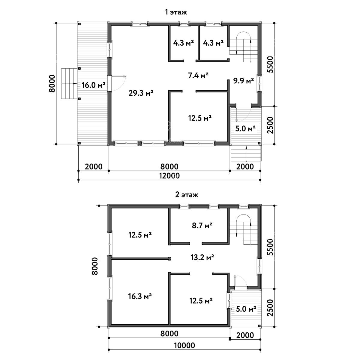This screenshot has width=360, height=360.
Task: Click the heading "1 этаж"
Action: click(x=175, y=12)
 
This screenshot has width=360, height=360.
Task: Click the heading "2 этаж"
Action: click(x=186, y=195)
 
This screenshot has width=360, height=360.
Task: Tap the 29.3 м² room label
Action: click(x=141, y=93)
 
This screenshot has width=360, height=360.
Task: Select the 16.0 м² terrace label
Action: click(x=93, y=85)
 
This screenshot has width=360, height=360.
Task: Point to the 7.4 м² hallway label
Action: click(x=198, y=76)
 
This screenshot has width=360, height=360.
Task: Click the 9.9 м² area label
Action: click(x=243, y=81)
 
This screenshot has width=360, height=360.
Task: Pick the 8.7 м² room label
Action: click(x=202, y=226)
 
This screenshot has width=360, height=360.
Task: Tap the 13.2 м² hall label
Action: click(x=202, y=257)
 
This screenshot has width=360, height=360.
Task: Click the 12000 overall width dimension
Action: click(x=169, y=175)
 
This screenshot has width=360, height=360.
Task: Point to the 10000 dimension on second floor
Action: click(x=184, y=345)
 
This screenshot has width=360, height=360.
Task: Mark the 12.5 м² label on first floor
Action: click(x=200, y=118)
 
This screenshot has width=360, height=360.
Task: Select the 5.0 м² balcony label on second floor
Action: click(x=246, y=309)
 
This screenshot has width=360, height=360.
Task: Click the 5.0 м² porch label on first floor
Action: click(x=245, y=128)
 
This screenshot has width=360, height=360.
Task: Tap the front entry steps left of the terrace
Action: click(x=69, y=83)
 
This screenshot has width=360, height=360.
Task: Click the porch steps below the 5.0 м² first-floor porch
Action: click(x=246, y=153)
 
